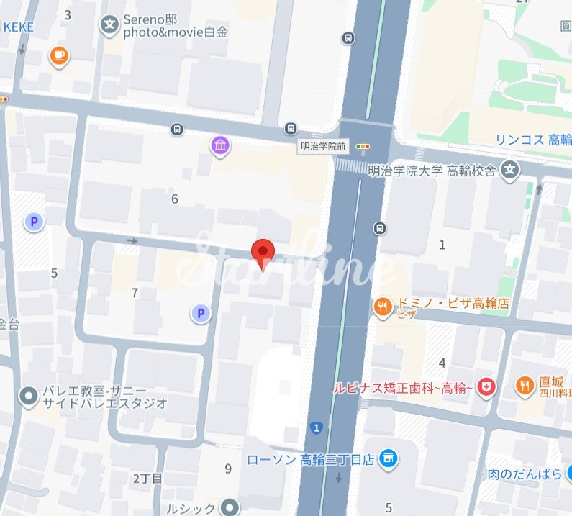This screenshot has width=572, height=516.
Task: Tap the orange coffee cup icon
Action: tap(59, 55)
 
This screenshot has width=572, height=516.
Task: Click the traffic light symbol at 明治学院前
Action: tap(363, 146)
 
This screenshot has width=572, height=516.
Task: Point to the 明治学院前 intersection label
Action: tap(323, 146)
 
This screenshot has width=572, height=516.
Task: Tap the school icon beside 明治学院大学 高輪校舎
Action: tap(510, 171)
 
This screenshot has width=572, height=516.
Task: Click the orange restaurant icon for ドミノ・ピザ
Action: tap(381, 308)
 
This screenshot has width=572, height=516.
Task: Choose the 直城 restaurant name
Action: tap(553, 382)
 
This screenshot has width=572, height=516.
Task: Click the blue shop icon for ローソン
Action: tap(389, 458)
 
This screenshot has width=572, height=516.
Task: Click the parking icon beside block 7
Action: tap(201, 312)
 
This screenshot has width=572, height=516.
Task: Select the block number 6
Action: tap(174, 199)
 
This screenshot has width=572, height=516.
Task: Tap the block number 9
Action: tap(228, 469)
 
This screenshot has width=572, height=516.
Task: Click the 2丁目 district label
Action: tap(148, 479)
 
